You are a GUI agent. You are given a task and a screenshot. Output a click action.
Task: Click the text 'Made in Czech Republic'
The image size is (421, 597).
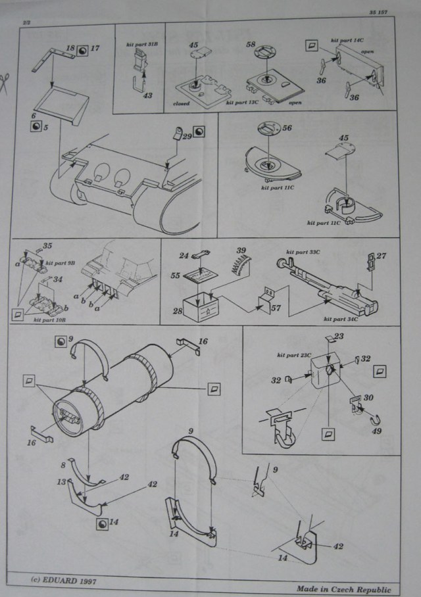[343, 589]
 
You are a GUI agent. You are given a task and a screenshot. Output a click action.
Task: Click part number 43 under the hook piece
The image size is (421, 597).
[147, 95]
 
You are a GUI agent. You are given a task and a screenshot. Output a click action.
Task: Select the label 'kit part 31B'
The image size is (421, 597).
[139, 46]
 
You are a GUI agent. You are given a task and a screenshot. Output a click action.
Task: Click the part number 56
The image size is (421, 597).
[287, 130]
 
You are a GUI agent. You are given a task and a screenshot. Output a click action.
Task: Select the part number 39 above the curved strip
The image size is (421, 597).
[241, 251]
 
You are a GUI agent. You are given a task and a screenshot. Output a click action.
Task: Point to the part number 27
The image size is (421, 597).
[382, 256]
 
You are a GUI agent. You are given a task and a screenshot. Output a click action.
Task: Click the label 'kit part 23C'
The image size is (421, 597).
[293, 354]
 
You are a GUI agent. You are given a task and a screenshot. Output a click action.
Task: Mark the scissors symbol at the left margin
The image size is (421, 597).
[6, 82]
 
